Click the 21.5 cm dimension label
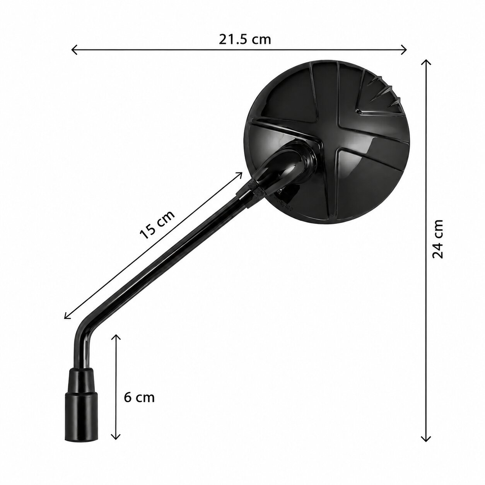tap(245, 39)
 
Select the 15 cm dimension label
tap(157, 225)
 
